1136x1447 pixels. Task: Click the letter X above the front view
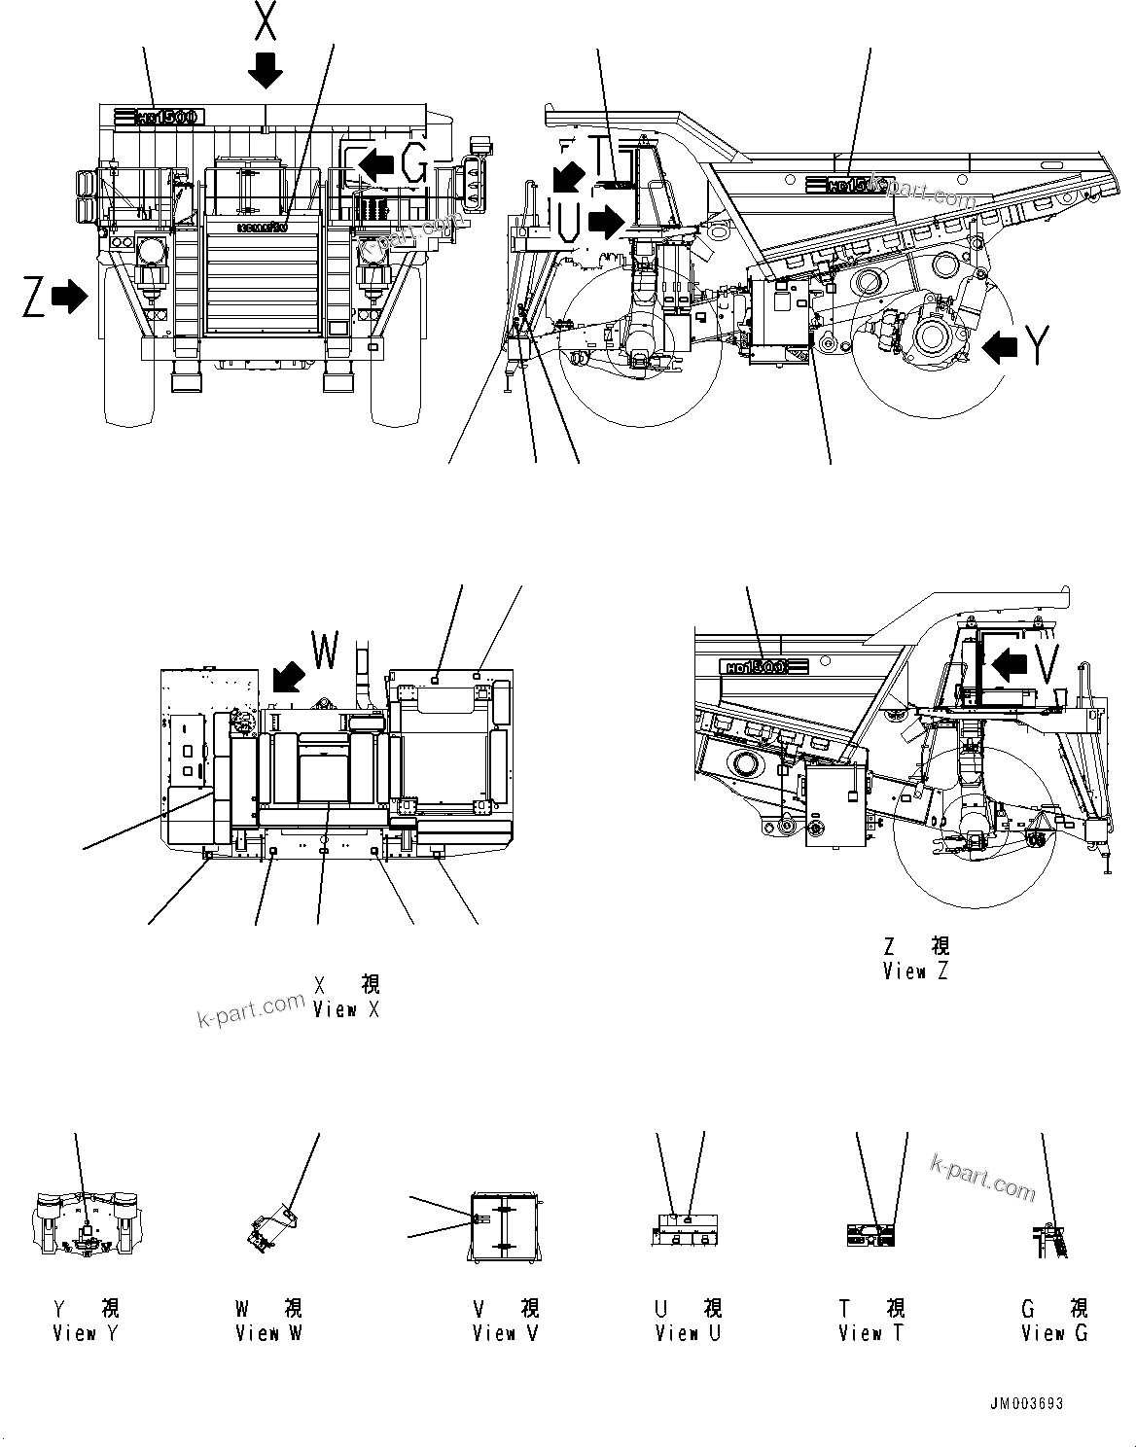coord(265,21)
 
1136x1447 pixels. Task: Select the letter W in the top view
coord(324,651)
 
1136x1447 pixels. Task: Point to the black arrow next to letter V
coord(1011,665)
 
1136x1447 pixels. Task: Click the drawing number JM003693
coord(1027,1404)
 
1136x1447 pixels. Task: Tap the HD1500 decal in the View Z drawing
coord(765,667)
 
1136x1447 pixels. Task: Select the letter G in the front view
coord(414,166)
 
